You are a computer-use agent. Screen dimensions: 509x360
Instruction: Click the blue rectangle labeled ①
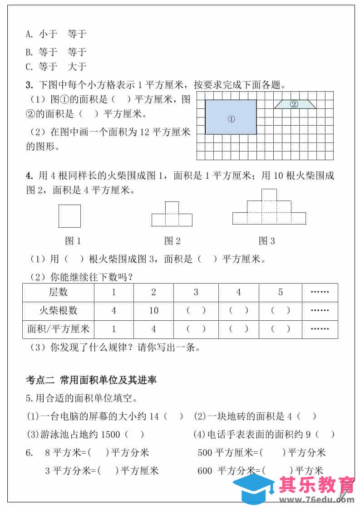coord(231,117)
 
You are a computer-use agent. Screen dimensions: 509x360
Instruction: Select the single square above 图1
coord(69,216)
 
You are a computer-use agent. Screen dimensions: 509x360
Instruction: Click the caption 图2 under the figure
coord(172,241)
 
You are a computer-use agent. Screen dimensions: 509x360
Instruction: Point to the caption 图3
coord(266,241)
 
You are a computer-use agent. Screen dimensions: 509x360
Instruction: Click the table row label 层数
coord(58,292)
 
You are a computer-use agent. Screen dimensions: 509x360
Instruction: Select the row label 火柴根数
coord(58,311)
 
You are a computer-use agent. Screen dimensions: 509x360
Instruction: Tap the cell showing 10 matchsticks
coord(153,311)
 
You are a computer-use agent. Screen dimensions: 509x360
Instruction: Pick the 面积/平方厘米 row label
coord(58,329)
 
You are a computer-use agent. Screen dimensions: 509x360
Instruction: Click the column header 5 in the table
coord(280,292)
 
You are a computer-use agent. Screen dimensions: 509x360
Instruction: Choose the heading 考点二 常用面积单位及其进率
coord(91,379)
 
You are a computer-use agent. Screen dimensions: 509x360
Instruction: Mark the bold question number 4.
coord(28,176)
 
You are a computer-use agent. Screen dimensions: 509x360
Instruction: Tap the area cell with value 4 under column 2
coord(153,329)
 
